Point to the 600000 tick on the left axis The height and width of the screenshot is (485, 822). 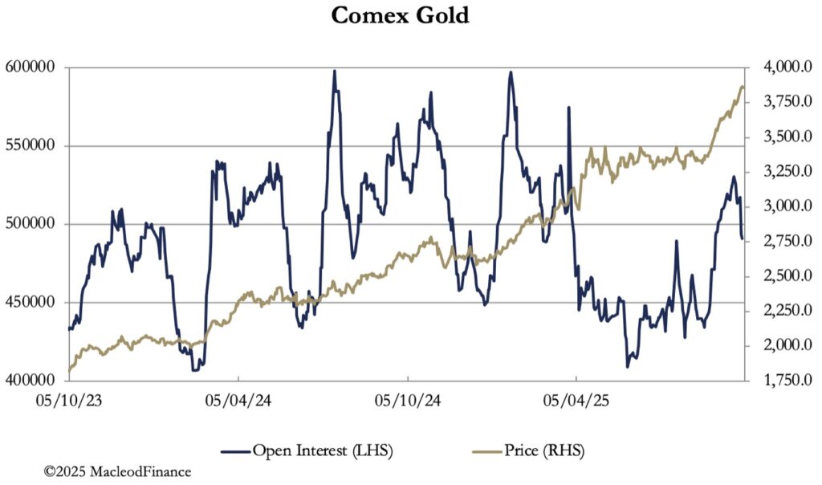coord(35,67)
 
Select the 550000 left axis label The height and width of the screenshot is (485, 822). coord(35,146)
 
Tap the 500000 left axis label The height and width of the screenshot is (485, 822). coord(35,224)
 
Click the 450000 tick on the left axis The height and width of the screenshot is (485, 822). coord(35,303)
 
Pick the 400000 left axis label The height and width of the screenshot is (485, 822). coord(35,381)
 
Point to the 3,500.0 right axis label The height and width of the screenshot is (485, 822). coord(779,137)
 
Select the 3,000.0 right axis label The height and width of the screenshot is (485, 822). coord(779,206)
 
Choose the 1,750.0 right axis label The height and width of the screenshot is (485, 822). coord(779,381)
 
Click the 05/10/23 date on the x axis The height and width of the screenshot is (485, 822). coord(69,400)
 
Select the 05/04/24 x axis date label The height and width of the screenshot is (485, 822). coord(238,400)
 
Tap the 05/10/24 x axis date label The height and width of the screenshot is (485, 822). coord(408,400)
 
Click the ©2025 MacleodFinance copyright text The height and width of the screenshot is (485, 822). coord(117,472)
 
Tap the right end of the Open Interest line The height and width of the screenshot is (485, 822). coord(743,238)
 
